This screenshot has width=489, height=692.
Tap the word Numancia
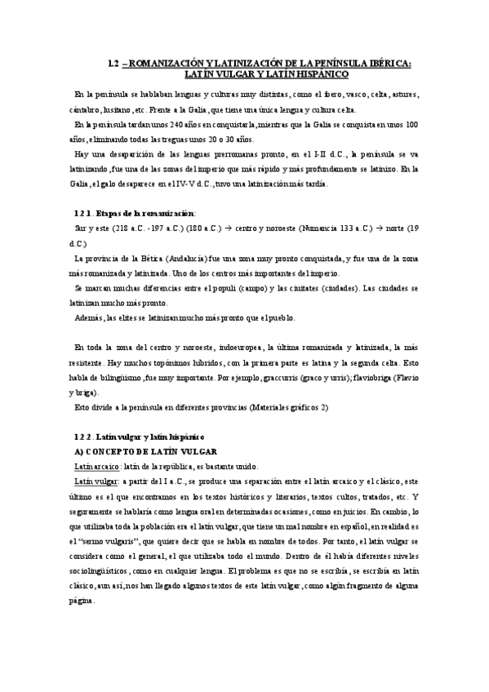322,229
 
